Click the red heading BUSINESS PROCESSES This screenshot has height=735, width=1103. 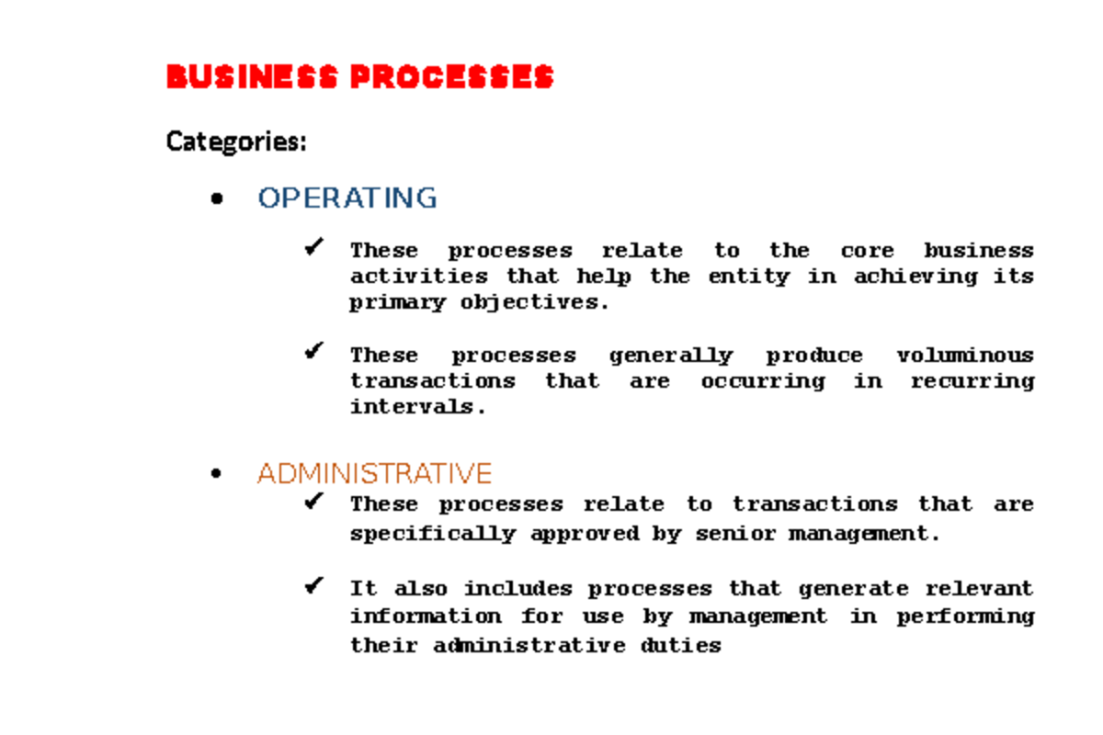pyautogui.click(x=359, y=77)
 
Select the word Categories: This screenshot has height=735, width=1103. pyautogui.click(x=235, y=142)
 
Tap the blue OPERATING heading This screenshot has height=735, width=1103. pyautogui.click(x=347, y=198)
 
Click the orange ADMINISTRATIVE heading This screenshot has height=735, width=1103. pyautogui.click(x=374, y=473)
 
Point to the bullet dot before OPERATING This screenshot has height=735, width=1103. pyautogui.click(x=217, y=198)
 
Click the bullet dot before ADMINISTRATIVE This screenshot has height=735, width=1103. pyautogui.click(x=217, y=474)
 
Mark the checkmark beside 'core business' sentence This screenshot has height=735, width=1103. pyautogui.click(x=315, y=247)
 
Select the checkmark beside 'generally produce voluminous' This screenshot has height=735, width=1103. pyautogui.click(x=315, y=351)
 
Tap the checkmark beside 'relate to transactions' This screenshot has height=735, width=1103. pyautogui.click(x=315, y=501)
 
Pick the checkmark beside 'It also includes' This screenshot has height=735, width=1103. pyautogui.click(x=315, y=584)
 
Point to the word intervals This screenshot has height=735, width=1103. pyautogui.click(x=415, y=407)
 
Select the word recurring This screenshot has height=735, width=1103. pyautogui.click(x=972, y=381)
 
